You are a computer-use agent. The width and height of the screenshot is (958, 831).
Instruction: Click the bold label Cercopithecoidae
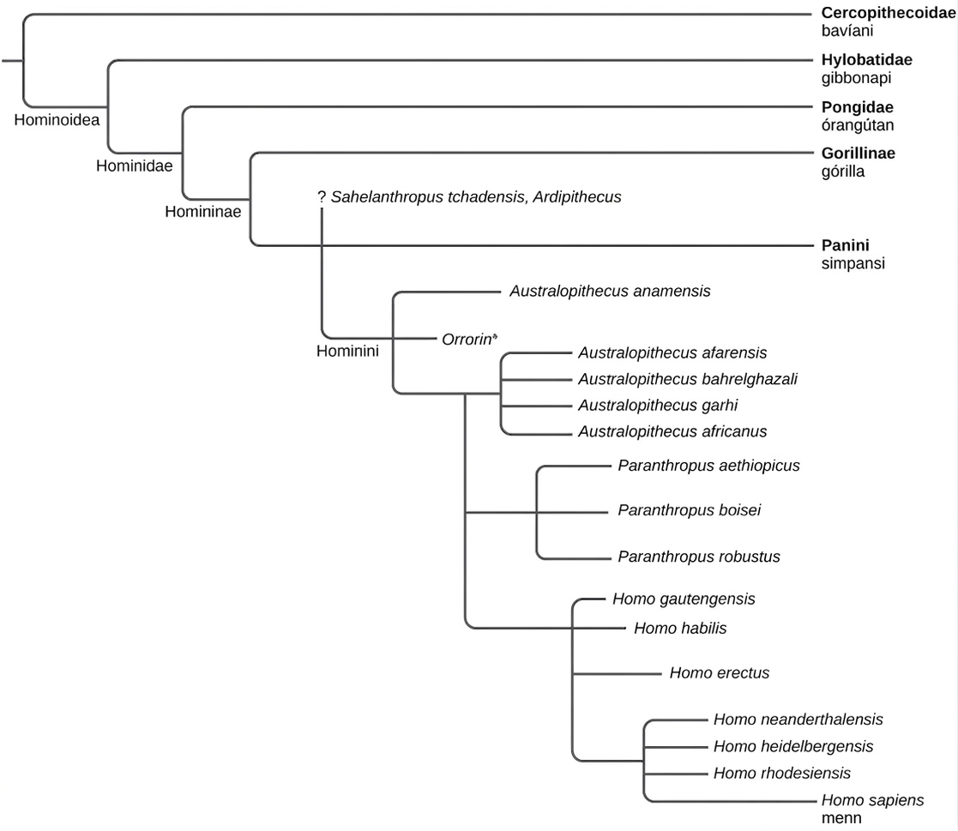pyautogui.click(x=889, y=13)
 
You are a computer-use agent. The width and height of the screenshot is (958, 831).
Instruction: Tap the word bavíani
pyautogui.click(x=847, y=31)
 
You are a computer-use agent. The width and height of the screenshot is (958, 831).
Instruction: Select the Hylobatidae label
pyautogui.click(x=866, y=60)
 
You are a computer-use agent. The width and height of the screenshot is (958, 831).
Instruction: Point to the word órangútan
pyautogui.click(x=857, y=124)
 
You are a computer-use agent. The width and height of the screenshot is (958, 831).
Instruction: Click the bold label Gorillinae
pyautogui.click(x=858, y=154)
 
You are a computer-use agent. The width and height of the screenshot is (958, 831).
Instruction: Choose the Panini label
pyautogui.click(x=845, y=245)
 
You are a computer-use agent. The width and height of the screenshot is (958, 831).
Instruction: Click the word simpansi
pyautogui.click(x=853, y=264)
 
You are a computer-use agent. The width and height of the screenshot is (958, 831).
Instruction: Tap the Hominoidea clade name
pyautogui.click(x=57, y=120)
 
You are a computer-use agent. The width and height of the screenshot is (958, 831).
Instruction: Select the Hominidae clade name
pyautogui.click(x=135, y=166)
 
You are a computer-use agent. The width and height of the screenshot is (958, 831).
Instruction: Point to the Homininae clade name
pyautogui.click(x=203, y=212)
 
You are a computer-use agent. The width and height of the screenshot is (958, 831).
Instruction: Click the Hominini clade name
pyautogui.click(x=347, y=352)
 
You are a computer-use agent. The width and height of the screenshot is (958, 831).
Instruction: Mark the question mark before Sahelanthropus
pyautogui.click(x=322, y=196)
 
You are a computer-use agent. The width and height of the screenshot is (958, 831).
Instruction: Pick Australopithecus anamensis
pyautogui.click(x=610, y=292)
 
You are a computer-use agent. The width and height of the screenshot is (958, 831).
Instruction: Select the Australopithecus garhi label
pyautogui.click(x=658, y=406)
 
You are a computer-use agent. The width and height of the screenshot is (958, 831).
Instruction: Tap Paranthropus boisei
pyautogui.click(x=690, y=510)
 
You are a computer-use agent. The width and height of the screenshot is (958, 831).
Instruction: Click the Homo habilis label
pyautogui.click(x=680, y=629)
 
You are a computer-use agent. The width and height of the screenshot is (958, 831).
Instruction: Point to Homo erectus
pyautogui.click(x=719, y=673)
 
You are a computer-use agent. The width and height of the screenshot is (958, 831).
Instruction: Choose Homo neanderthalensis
pyautogui.click(x=798, y=720)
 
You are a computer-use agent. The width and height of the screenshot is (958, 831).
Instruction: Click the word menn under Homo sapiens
pyautogui.click(x=841, y=818)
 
